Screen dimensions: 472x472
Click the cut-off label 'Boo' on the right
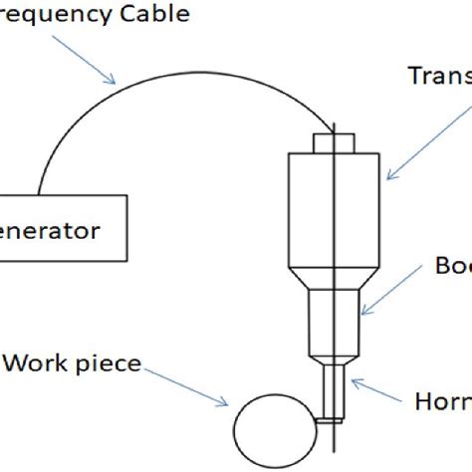click(453, 266)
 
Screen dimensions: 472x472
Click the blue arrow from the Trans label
click(409, 139)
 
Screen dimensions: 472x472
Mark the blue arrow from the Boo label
click(389, 299)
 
